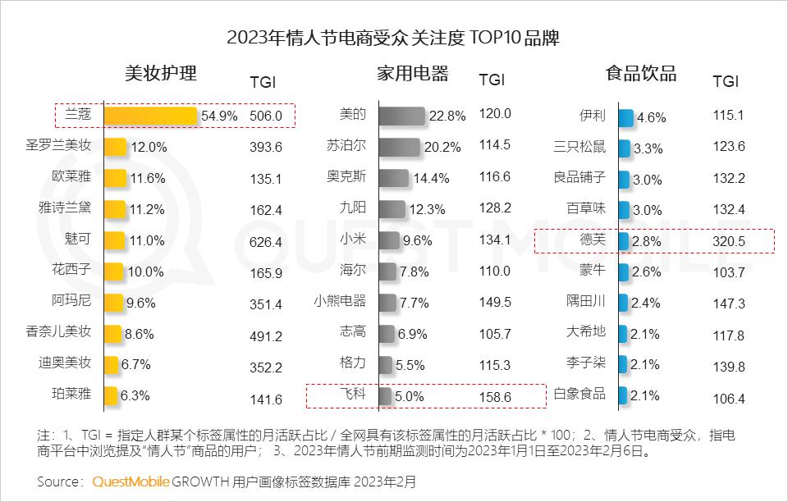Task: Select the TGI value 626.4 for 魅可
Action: [x=266, y=242]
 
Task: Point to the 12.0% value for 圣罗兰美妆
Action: [x=149, y=148]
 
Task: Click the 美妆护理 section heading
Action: [x=160, y=73]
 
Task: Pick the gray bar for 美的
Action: [x=402, y=116]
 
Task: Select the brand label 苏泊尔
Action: [x=346, y=146]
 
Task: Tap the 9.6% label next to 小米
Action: [x=417, y=241]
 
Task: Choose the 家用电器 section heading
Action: [x=413, y=74]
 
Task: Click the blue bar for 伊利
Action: [x=625, y=116]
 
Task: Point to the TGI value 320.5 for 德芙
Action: [x=729, y=242]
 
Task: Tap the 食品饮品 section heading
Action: [x=641, y=74]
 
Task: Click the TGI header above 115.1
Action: [x=726, y=81]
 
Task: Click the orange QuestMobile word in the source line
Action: [x=131, y=481]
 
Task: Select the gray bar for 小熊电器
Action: [x=388, y=302]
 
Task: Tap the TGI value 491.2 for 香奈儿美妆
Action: [x=266, y=335]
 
